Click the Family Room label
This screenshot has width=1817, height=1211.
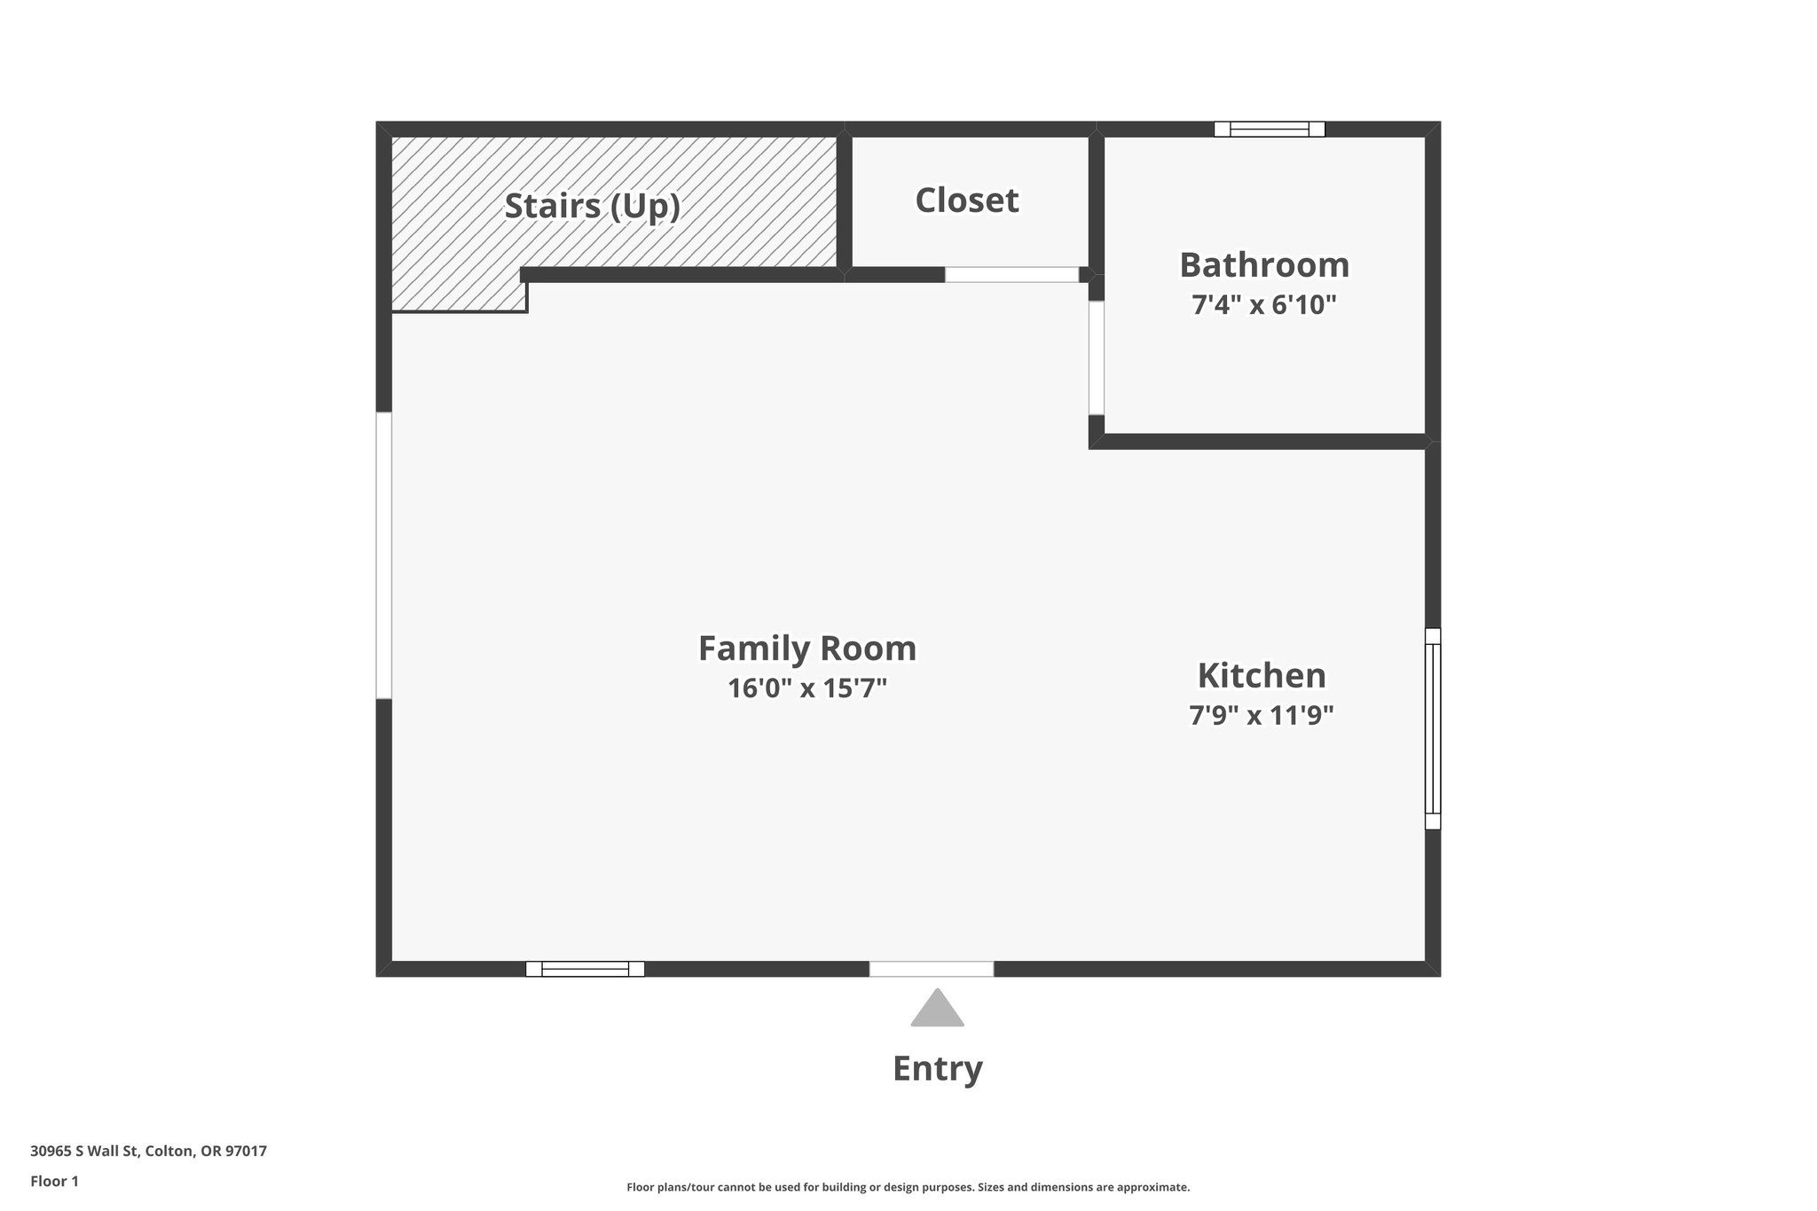[806, 649]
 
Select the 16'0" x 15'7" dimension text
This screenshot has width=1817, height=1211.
[806, 688]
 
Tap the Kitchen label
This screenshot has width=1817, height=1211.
[1261, 676]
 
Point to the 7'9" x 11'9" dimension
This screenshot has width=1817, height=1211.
[1261, 715]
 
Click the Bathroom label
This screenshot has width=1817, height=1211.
[1263, 265]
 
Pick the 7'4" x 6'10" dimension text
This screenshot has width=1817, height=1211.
[1263, 305]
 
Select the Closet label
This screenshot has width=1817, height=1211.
[966, 201]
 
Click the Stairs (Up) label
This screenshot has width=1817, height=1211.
[592, 206]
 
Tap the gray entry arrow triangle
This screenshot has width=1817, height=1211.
[937, 1010]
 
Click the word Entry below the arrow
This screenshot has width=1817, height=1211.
[937, 1068]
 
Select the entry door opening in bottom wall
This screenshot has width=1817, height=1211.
[931, 969]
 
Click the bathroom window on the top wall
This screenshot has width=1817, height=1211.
[1269, 130]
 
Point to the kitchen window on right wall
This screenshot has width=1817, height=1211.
[1432, 728]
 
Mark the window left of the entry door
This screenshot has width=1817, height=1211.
[585, 969]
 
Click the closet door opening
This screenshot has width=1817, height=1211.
[1011, 275]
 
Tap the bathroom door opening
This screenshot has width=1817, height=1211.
[1097, 358]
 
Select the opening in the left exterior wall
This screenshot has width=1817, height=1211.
[384, 555]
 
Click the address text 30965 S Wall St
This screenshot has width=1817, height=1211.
[148, 1152]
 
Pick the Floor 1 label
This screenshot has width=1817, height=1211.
[54, 1181]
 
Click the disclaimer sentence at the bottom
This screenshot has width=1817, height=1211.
[908, 1187]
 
